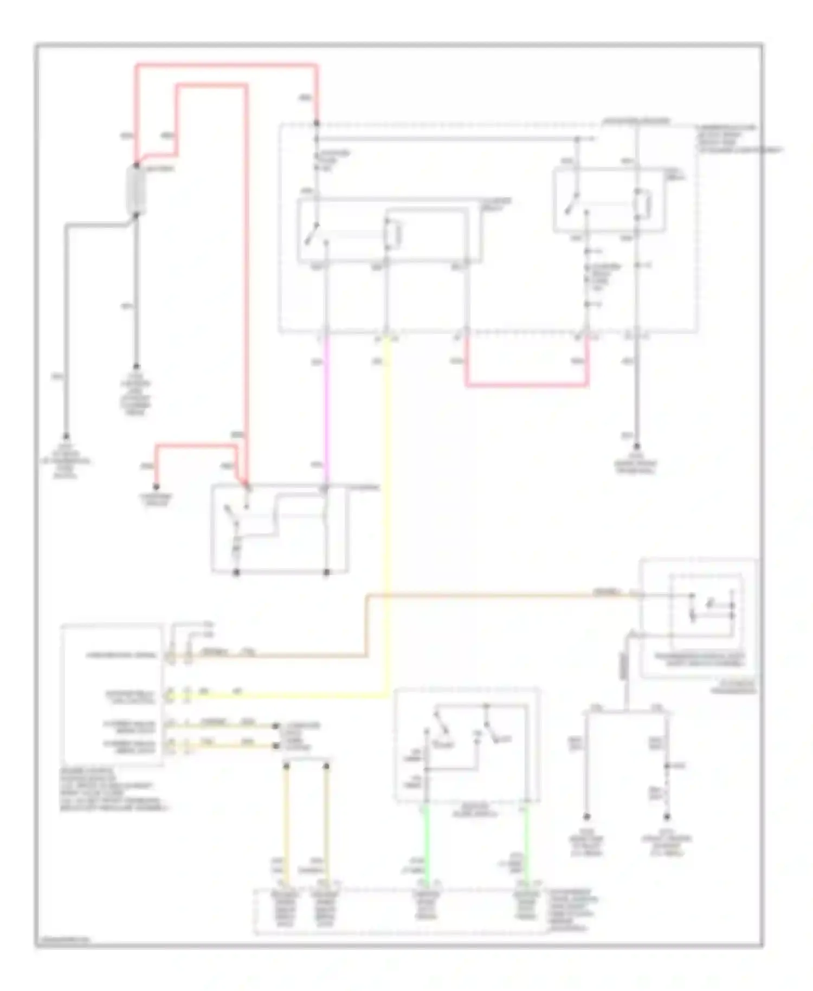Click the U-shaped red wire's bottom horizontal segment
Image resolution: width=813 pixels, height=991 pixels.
point(526,385)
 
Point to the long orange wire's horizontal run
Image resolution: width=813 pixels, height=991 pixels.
point(488,596)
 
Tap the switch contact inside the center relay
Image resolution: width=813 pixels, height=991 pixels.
point(311,234)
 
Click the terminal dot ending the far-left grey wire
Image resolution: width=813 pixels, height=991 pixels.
point(66,436)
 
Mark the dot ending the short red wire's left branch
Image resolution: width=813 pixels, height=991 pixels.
point(156,486)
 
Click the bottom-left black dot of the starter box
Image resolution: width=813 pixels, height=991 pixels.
point(236,572)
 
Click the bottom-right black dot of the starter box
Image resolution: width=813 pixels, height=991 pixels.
point(326,572)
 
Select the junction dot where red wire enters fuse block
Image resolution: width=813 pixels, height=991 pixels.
point(317,124)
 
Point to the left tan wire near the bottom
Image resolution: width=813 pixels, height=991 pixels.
point(286,824)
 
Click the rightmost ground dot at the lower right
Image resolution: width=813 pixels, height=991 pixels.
point(667,817)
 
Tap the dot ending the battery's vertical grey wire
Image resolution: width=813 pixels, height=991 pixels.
point(136,367)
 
